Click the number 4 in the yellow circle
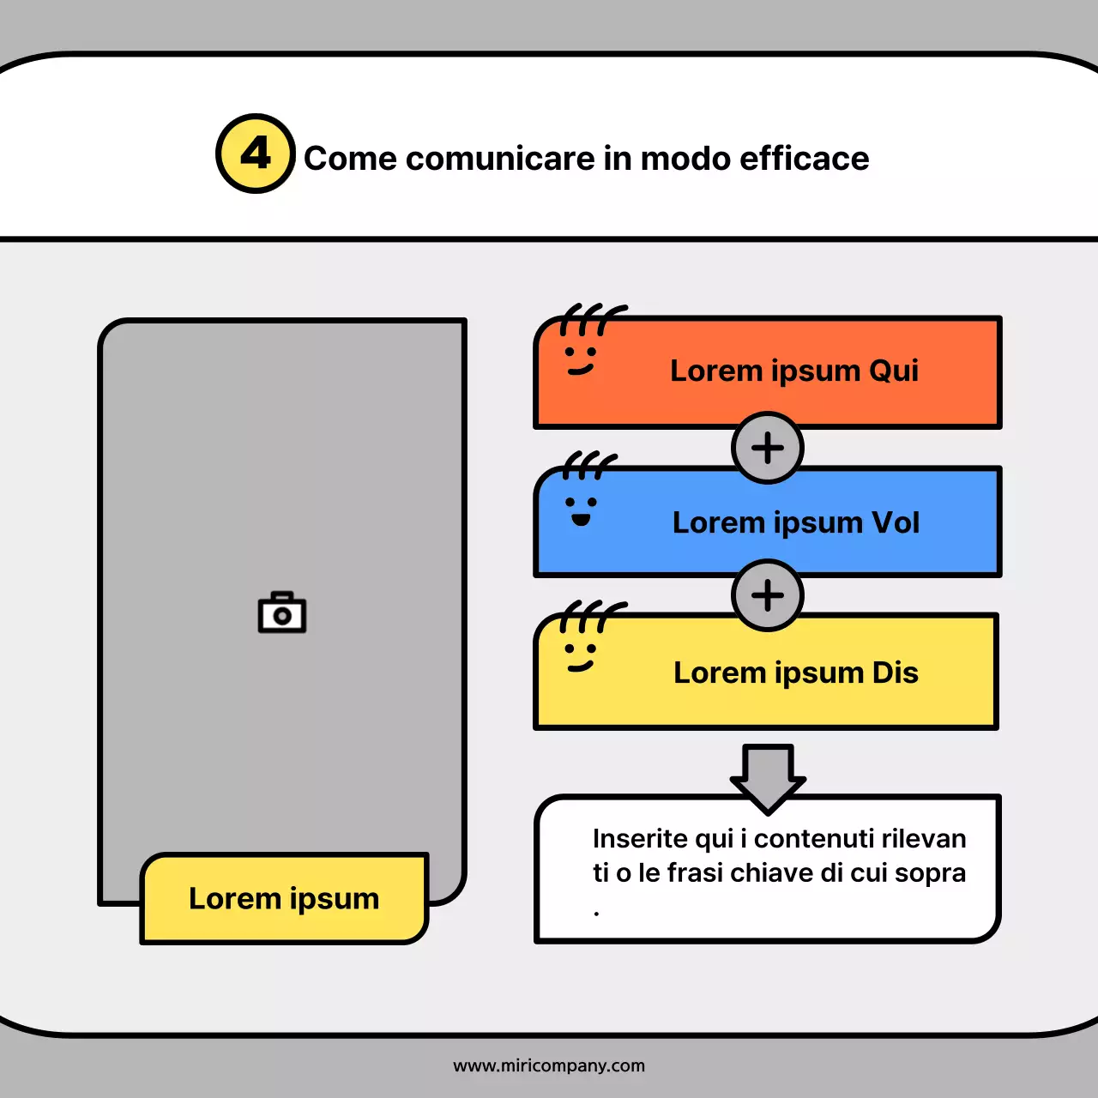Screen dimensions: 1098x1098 (x=256, y=154)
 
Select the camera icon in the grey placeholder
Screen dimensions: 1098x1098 (x=282, y=612)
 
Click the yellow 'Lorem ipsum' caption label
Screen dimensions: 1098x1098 (x=284, y=898)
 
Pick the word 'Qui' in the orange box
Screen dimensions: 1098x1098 (x=893, y=371)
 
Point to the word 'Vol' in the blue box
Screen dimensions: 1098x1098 (x=896, y=522)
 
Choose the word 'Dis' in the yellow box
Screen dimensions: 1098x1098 (x=895, y=673)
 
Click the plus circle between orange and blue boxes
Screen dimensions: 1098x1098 (x=768, y=448)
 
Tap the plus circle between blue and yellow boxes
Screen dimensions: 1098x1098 (x=768, y=595)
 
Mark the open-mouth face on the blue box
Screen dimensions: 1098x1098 (x=581, y=510)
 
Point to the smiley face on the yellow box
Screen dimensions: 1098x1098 (x=580, y=658)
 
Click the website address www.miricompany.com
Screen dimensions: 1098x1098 (x=549, y=1065)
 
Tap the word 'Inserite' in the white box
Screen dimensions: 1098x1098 (x=640, y=838)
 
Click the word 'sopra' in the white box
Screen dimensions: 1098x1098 (x=930, y=873)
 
